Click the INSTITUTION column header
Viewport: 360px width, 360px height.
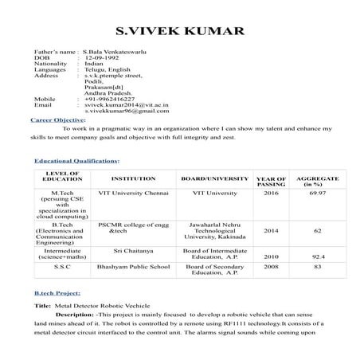133,178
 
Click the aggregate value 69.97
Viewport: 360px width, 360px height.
317,193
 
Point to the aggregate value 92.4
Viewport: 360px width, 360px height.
318,257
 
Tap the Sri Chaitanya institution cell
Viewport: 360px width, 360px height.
133,250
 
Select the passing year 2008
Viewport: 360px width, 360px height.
272,268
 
